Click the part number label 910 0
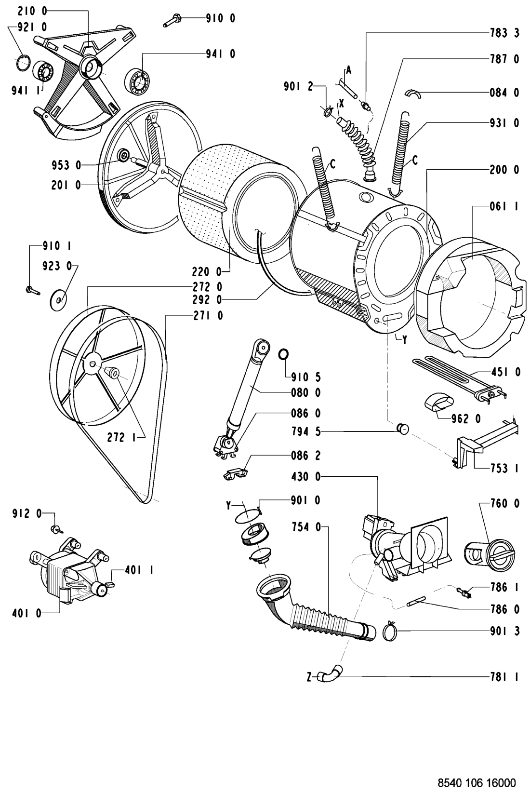(x=221, y=18)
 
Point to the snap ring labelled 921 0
(x=24, y=63)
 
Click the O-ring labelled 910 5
(x=283, y=354)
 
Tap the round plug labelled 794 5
(x=403, y=429)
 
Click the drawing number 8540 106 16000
(x=477, y=782)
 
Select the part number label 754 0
(x=306, y=527)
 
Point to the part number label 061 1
(x=504, y=206)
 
